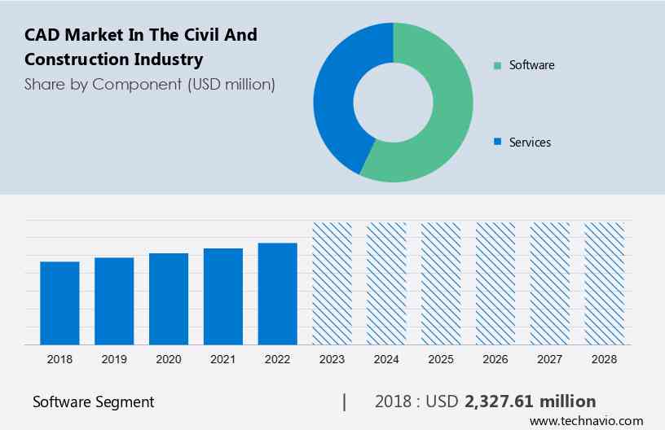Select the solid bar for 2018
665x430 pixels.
pos(59,303)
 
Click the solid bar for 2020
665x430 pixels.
pos(169,299)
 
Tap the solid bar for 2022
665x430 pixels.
pos(278,293)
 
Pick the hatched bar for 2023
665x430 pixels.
pos(332,283)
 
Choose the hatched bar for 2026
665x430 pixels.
pos(495,283)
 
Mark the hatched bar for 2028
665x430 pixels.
pos(605,283)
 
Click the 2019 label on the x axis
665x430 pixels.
pos(114,358)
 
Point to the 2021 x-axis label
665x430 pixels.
pos(223,358)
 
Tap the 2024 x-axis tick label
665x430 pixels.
pos(386,358)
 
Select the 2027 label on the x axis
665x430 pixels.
pos(550,358)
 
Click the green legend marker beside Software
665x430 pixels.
pos(497,65)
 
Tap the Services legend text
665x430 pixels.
pos(530,143)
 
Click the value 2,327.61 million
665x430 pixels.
pos(530,401)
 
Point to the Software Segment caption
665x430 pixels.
pos(93,402)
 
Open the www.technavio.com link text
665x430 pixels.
pos(586,421)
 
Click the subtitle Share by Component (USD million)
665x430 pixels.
pos(149,84)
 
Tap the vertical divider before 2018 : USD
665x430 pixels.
pos(345,401)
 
